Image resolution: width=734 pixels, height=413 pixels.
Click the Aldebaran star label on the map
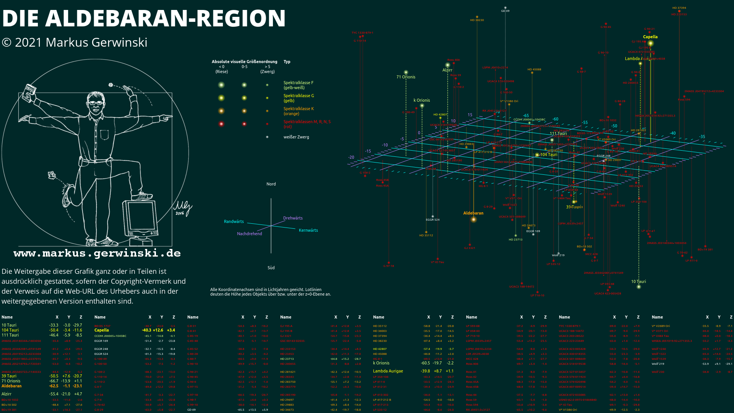tap(473, 213)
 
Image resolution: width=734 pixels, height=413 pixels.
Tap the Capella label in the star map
tap(650, 37)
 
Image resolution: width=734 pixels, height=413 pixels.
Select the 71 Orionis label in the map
tap(406, 77)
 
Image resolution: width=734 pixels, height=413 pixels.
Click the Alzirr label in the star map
tap(447, 70)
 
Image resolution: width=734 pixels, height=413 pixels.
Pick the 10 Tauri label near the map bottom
tap(638, 282)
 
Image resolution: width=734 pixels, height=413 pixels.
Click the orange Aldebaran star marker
tap(473, 220)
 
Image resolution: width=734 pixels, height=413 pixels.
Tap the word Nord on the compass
tap(271, 184)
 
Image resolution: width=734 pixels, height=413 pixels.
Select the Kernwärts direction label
tap(308, 231)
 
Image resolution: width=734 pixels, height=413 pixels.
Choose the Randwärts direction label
tap(234, 222)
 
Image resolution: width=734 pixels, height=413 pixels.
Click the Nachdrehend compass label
tap(249, 234)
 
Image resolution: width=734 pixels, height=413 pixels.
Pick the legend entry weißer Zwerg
tap(296, 137)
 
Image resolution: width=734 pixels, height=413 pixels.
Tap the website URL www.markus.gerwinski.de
tap(97, 254)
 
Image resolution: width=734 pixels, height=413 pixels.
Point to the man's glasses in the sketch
tap(96, 102)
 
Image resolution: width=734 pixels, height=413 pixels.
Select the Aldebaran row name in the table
tap(11, 386)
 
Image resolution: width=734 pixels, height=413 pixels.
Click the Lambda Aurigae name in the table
tap(388, 371)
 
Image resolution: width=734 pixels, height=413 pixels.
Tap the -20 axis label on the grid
tap(351, 158)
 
